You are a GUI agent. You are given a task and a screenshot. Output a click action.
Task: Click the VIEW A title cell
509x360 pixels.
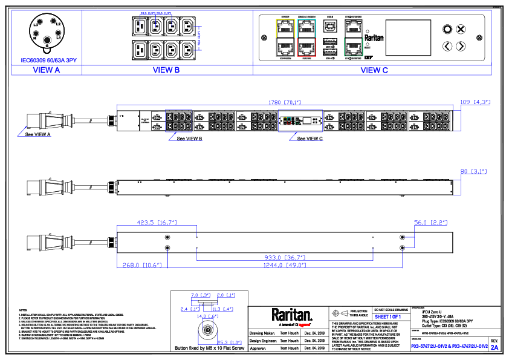click(47, 70)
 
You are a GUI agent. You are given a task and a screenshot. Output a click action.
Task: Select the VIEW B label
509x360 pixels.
click(166, 70)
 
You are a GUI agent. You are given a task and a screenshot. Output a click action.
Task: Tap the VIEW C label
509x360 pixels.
click(374, 70)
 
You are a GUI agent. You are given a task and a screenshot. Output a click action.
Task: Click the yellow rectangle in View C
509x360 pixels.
click(285, 29)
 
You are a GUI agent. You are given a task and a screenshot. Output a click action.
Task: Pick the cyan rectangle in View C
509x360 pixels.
click(306, 29)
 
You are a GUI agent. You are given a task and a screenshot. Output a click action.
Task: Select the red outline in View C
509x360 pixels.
click(306, 48)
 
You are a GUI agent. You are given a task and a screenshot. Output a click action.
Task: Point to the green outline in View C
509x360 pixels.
click(354, 47)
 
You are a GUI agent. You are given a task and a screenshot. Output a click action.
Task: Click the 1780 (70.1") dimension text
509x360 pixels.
click(285, 102)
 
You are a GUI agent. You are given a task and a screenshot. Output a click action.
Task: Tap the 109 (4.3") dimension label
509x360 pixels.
click(475, 102)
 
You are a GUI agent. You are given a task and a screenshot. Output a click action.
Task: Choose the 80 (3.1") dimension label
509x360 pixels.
click(473, 172)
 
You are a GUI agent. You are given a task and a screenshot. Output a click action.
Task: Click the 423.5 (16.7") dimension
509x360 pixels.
click(157, 223)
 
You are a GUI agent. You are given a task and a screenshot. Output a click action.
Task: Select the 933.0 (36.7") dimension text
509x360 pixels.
click(285, 258)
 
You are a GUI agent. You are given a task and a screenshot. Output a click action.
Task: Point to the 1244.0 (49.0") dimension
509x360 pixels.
click(284, 265)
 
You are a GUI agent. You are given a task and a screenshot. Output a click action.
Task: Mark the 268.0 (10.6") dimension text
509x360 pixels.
click(142, 265)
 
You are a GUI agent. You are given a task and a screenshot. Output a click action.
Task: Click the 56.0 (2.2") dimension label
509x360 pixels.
click(430, 223)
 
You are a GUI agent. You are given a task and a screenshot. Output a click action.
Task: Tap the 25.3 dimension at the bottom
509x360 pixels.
click(229, 343)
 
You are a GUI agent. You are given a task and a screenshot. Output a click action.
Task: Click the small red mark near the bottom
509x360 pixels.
click(304, 325)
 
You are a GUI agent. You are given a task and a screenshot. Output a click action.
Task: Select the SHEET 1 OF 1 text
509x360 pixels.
click(387, 317)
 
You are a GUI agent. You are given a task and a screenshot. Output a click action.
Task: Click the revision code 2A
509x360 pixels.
click(494, 348)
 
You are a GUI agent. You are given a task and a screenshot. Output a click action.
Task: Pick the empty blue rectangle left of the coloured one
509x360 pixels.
click(178, 120)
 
